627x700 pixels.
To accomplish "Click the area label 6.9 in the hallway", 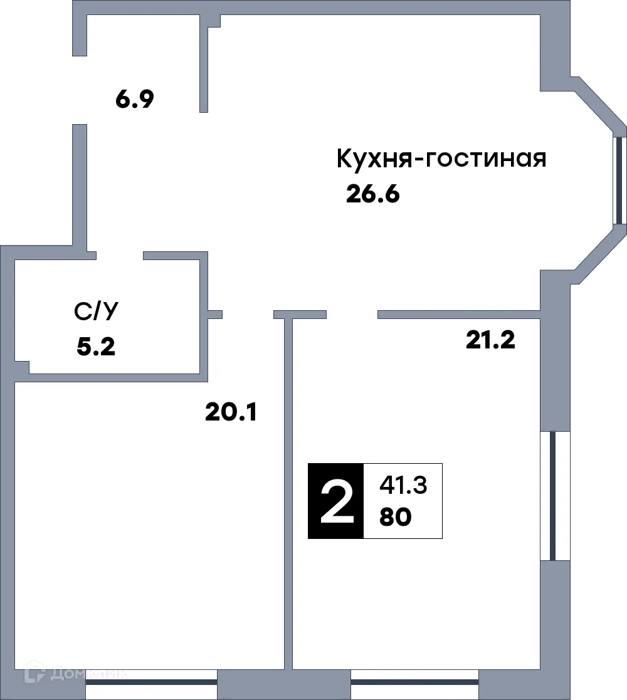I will point(135,100).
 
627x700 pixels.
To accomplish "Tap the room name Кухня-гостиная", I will point(441,159).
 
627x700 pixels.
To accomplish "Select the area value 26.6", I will point(372,195).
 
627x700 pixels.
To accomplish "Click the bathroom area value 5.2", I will point(96,346).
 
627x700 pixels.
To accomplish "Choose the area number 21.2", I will point(490,340).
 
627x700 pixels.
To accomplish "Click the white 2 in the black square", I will point(335,501).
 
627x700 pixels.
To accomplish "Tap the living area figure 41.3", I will point(403,485).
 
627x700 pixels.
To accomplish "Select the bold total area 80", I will point(395,518).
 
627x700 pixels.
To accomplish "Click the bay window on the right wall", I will point(619,180).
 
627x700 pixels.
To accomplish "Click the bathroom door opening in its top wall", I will point(120,256).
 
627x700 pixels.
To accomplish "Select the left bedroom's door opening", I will point(248,315).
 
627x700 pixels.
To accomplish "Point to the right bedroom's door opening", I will point(352,315).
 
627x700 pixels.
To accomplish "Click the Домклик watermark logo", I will point(75,674).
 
